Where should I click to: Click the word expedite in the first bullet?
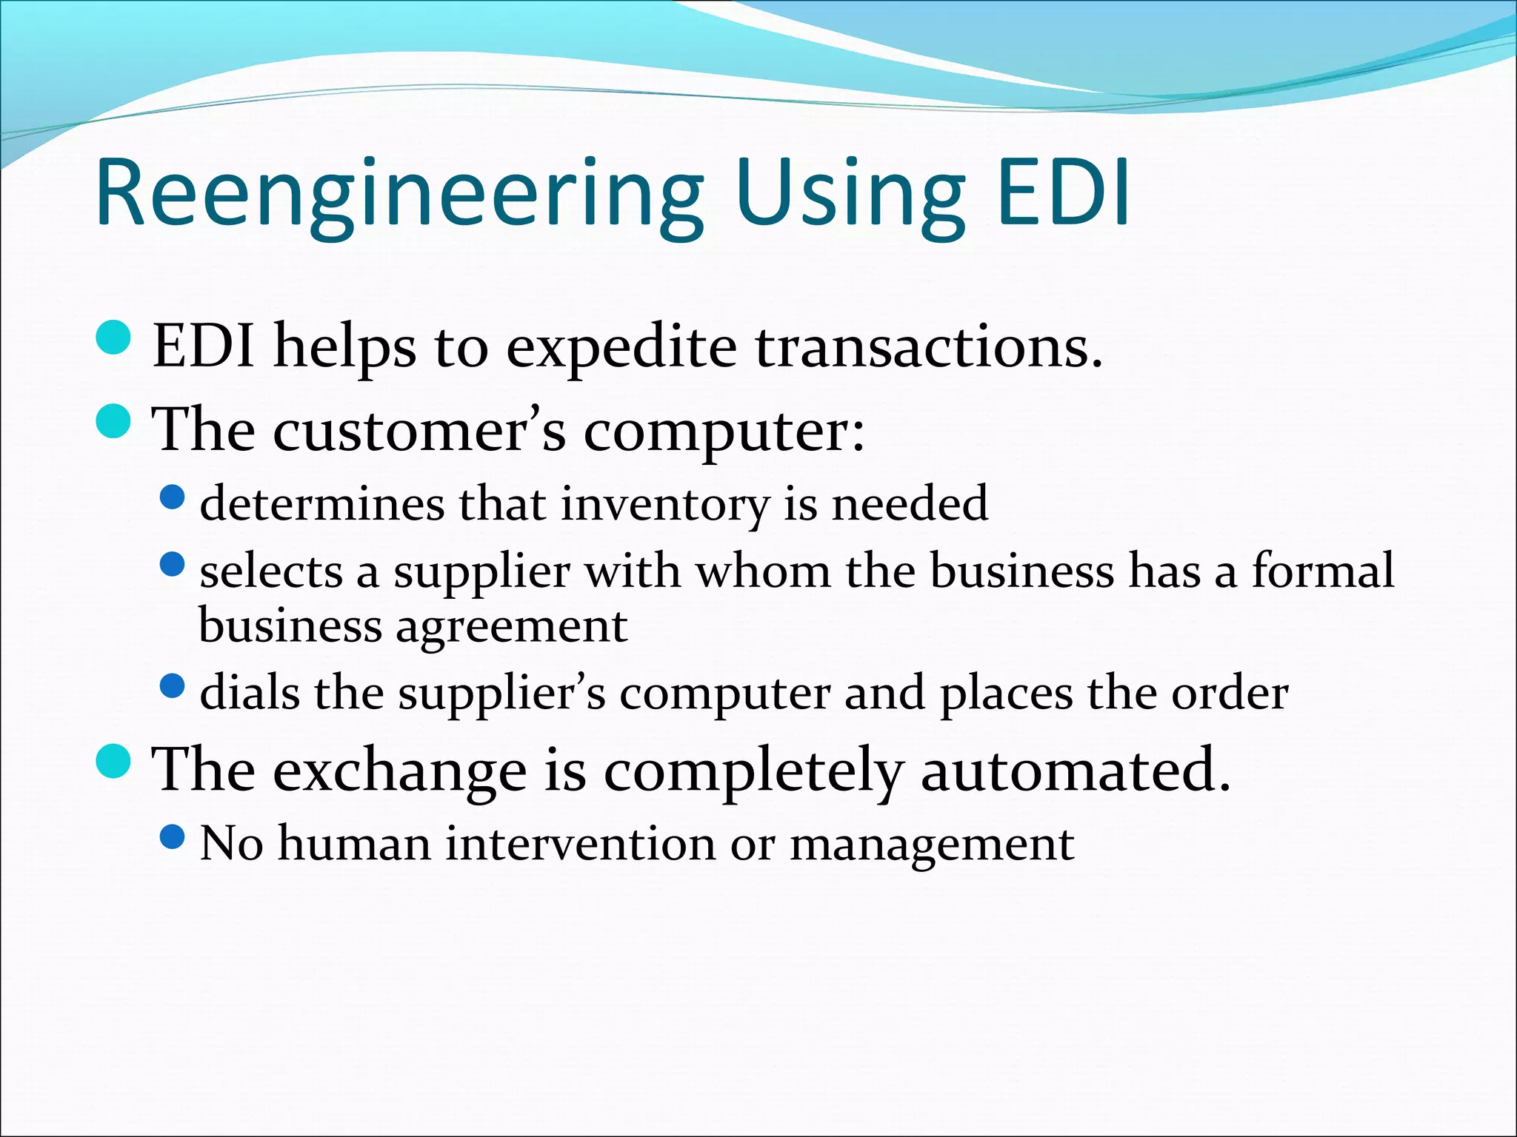pos(621,348)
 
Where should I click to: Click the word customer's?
pos(419,431)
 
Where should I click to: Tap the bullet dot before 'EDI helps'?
pos(114,338)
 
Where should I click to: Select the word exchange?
pos(400,771)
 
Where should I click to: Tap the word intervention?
pos(579,844)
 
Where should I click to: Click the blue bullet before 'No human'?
pos(172,837)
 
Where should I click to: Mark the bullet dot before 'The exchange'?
pos(114,762)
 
